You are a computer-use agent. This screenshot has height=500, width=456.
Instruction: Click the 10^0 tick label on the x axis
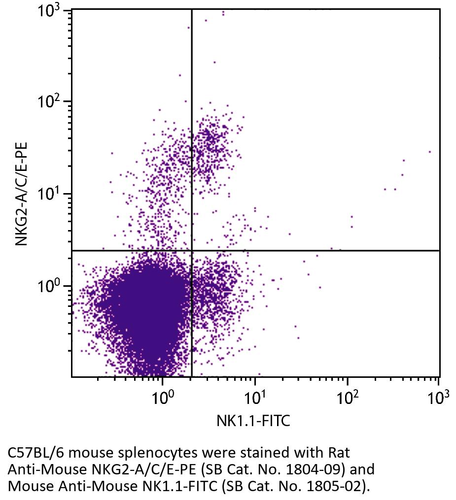tap(162, 398)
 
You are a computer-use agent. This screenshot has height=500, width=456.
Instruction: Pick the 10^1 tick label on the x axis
tap(254, 398)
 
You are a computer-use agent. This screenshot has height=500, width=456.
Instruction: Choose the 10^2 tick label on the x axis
tap(347, 398)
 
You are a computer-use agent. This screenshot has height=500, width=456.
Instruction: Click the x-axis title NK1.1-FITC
tap(253, 421)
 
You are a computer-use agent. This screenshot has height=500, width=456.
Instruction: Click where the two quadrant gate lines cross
tap(191, 251)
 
